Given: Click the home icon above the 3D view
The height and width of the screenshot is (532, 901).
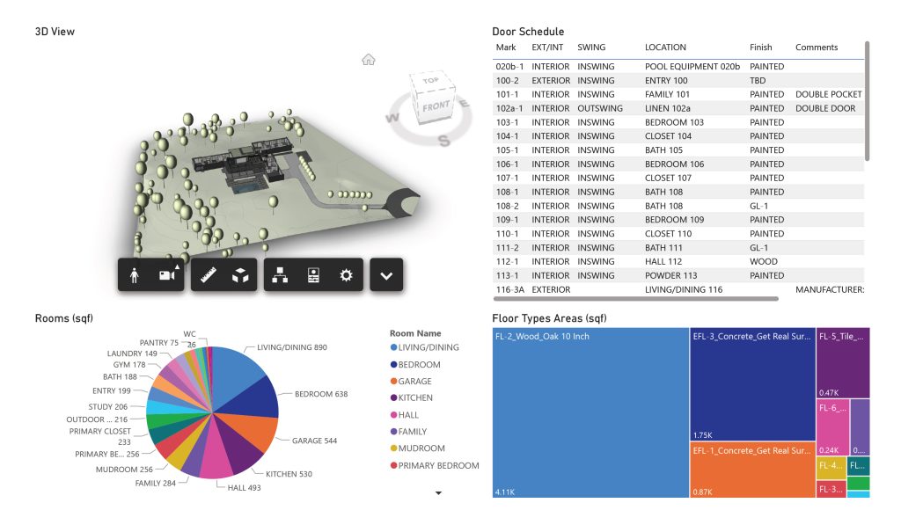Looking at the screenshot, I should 369,60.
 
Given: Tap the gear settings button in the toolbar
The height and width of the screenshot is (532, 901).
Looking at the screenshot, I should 346,275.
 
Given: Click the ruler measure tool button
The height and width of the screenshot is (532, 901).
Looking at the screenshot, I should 209,275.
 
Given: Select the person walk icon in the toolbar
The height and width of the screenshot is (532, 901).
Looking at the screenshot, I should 135,275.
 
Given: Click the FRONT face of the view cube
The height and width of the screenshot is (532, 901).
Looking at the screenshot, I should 436,106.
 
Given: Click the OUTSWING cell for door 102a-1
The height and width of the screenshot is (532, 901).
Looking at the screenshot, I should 600,108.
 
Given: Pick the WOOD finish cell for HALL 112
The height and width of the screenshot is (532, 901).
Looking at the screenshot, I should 763,261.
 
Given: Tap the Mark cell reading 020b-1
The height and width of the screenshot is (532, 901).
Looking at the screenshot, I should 509,67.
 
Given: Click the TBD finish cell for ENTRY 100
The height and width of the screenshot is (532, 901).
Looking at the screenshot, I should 758,81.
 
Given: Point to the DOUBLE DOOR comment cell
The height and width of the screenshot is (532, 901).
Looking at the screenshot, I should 828,108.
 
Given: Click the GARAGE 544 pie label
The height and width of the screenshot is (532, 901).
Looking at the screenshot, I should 314,441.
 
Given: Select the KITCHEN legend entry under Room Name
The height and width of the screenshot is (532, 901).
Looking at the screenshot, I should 415,398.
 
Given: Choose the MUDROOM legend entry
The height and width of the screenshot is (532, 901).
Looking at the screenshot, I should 421,448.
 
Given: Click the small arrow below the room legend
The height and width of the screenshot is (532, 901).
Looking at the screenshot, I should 438,493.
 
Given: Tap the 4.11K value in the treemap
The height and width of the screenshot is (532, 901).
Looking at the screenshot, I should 506,490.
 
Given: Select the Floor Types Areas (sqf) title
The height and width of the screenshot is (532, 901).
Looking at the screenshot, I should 549,318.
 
